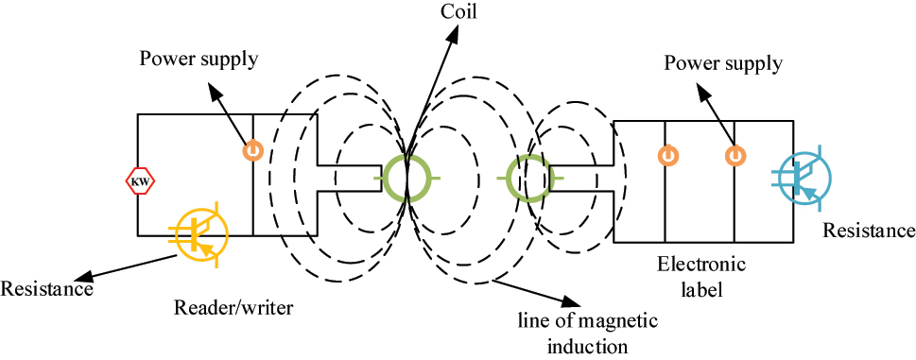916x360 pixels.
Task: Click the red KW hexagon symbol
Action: click(x=139, y=180)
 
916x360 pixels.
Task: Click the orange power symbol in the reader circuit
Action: click(x=252, y=149)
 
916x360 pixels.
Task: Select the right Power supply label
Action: click(x=723, y=64)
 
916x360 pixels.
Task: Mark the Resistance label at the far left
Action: click(x=47, y=288)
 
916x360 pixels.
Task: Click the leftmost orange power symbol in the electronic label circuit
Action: click(x=665, y=153)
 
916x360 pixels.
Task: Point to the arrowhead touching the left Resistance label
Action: click(x=86, y=278)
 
